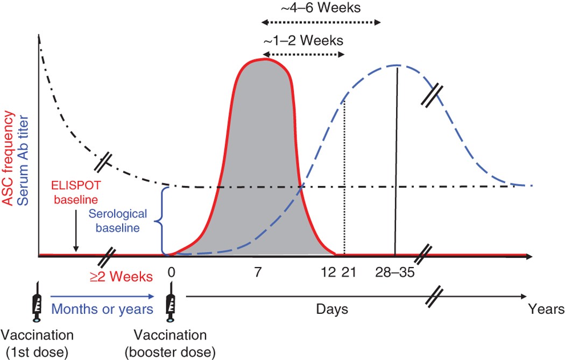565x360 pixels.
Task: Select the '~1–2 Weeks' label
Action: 303,40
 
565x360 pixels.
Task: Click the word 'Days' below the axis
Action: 331,309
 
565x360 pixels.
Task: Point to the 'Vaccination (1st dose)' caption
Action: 38,344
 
